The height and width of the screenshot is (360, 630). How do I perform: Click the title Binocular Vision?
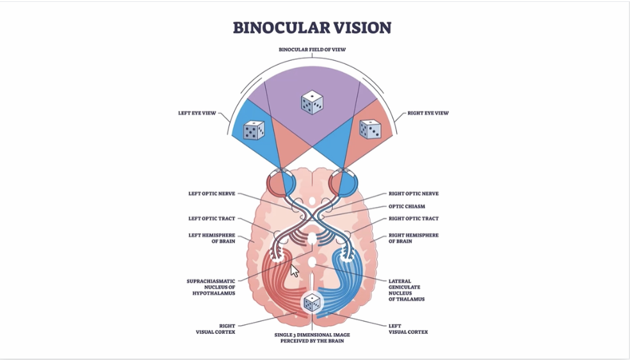coord(312,28)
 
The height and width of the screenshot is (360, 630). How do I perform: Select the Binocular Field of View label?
coord(312,49)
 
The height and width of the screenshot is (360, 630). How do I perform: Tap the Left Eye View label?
coord(197,113)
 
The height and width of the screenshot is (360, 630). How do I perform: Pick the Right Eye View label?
coord(428,113)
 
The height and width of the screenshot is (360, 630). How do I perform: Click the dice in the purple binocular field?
coord(312,102)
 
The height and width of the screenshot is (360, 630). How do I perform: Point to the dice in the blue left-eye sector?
coord(254,130)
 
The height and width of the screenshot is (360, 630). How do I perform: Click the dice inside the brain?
coord(312,303)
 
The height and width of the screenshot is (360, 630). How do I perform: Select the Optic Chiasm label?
coord(407,206)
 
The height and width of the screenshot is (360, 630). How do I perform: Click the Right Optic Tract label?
coord(413,219)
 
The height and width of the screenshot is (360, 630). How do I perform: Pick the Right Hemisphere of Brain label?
coord(414,238)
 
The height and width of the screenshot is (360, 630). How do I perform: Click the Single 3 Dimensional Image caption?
coord(312,338)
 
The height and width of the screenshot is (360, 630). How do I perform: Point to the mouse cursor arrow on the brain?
coord(295,270)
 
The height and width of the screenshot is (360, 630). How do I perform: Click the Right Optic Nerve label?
coord(414,193)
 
